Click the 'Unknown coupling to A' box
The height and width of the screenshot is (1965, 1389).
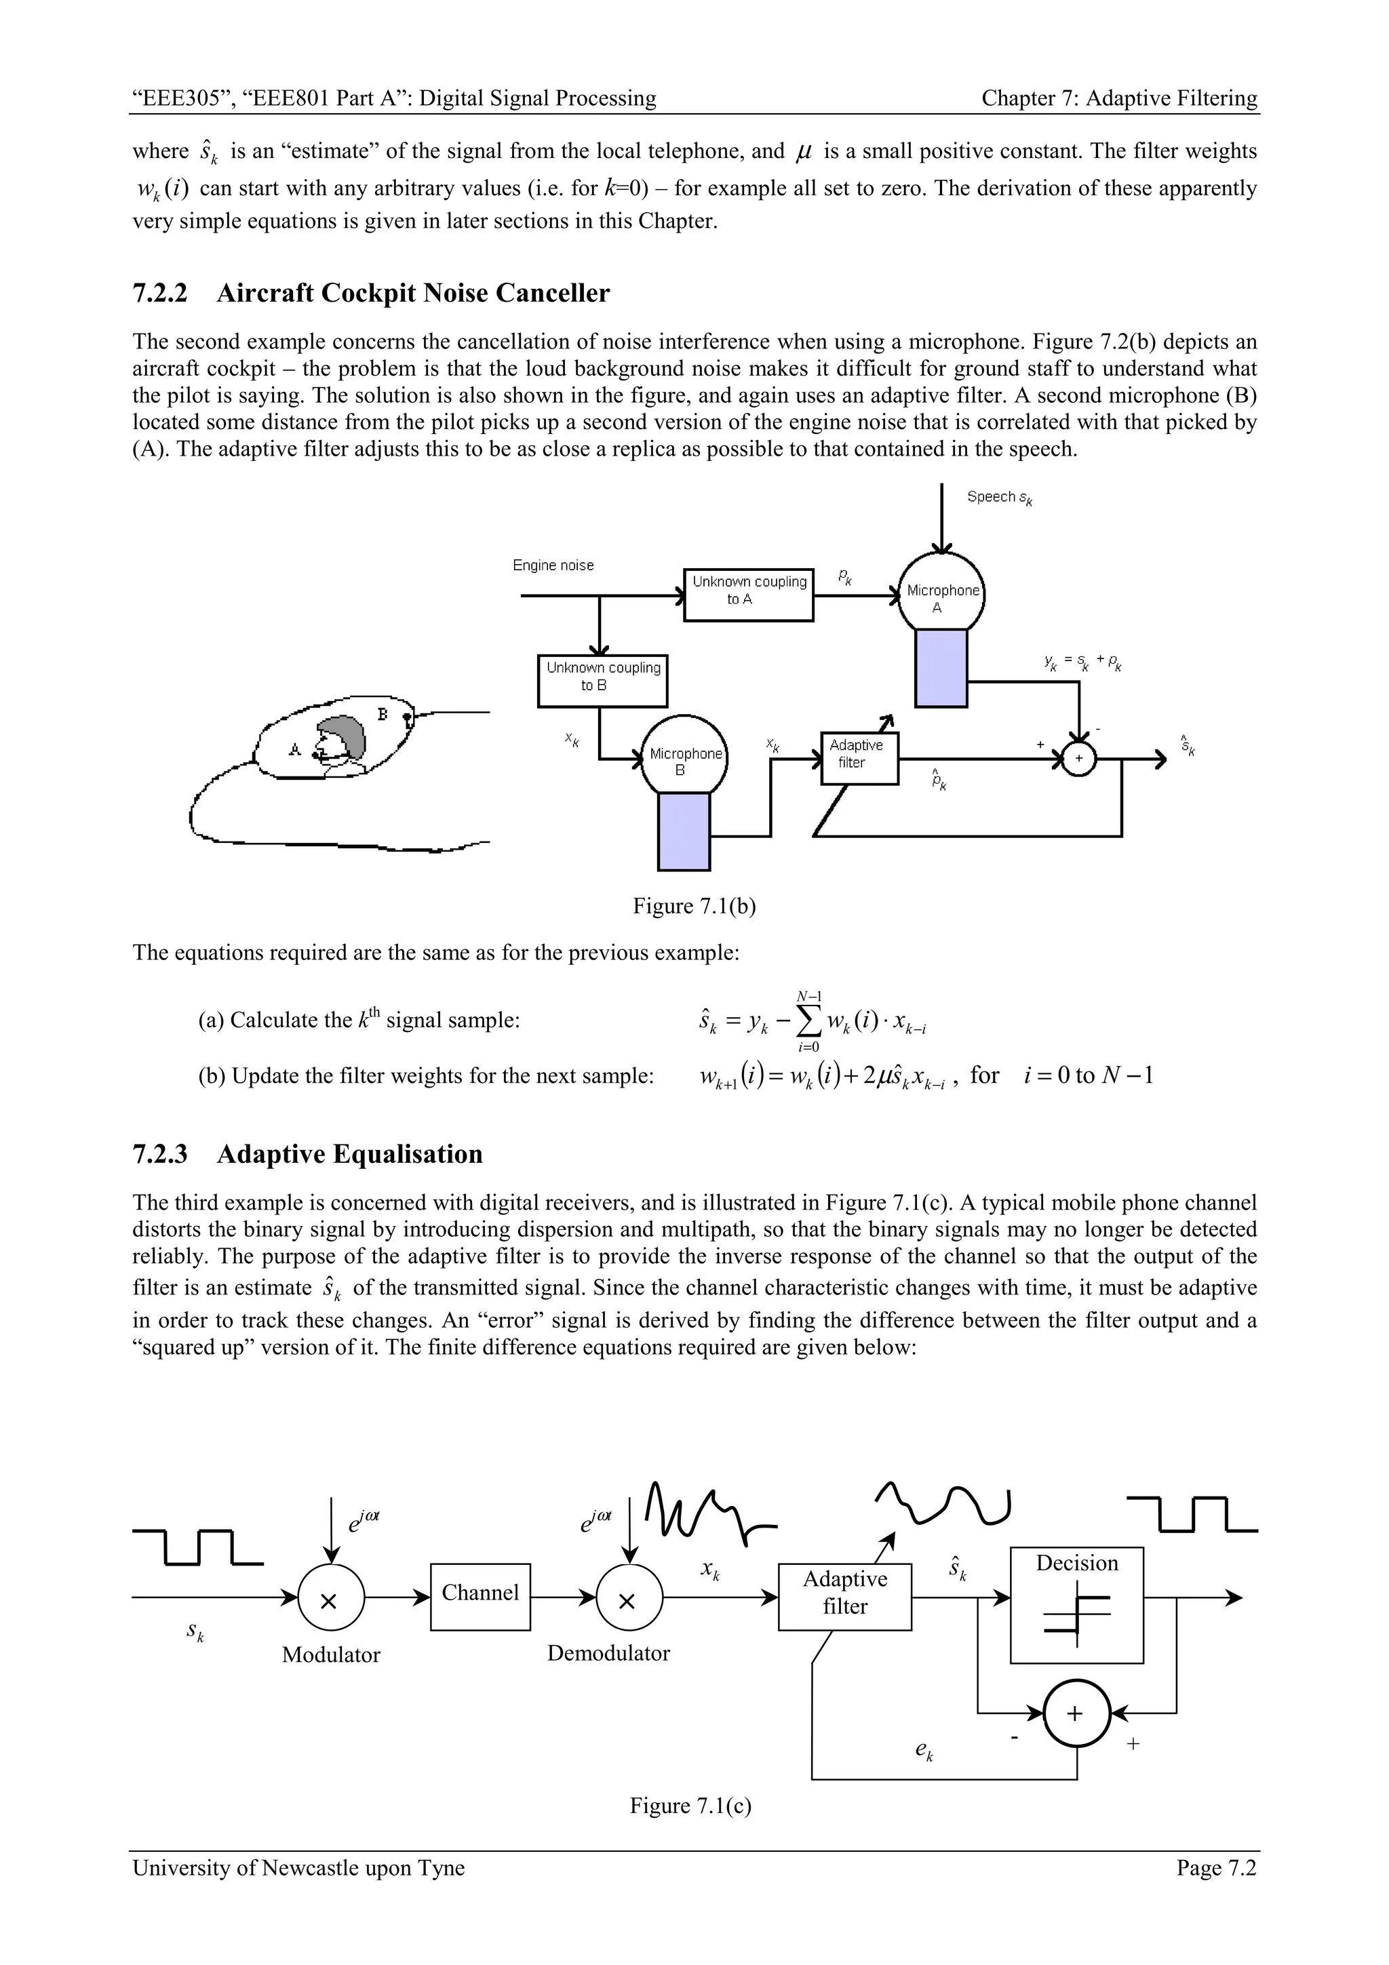tap(749, 594)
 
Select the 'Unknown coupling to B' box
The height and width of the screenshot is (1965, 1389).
tap(602, 679)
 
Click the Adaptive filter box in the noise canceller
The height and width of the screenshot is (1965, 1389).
tap(859, 757)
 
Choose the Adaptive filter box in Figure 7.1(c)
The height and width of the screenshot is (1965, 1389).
tap(844, 1596)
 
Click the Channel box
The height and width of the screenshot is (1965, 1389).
tap(480, 1596)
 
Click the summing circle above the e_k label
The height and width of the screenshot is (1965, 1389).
tap(1076, 1713)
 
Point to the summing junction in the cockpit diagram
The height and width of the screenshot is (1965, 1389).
tap(1078, 758)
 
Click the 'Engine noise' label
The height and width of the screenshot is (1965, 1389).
tap(553, 565)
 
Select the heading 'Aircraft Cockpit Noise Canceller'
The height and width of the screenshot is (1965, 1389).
tap(412, 294)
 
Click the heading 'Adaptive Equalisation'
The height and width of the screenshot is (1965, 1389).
tap(349, 1155)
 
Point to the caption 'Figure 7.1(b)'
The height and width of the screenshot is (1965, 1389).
tap(694, 907)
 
